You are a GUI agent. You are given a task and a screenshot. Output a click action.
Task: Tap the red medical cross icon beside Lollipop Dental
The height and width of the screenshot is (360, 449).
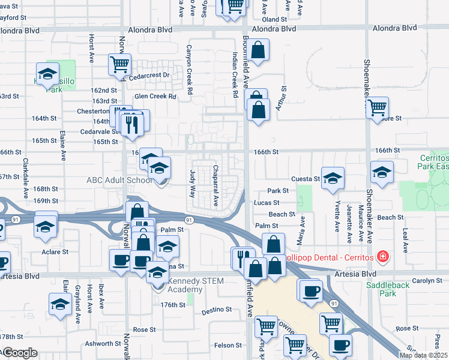point(382,257)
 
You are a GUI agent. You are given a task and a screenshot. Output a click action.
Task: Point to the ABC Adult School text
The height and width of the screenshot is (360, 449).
point(120,179)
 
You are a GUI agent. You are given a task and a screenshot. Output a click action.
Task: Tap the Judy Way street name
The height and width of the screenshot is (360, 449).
point(193,184)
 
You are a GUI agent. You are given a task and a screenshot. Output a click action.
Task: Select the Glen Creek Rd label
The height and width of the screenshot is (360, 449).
point(155,96)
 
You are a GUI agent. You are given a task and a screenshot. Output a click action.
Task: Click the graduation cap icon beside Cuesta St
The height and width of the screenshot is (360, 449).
point(333,178)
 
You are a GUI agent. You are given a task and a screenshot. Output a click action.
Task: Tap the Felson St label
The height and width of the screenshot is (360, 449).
point(228,345)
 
